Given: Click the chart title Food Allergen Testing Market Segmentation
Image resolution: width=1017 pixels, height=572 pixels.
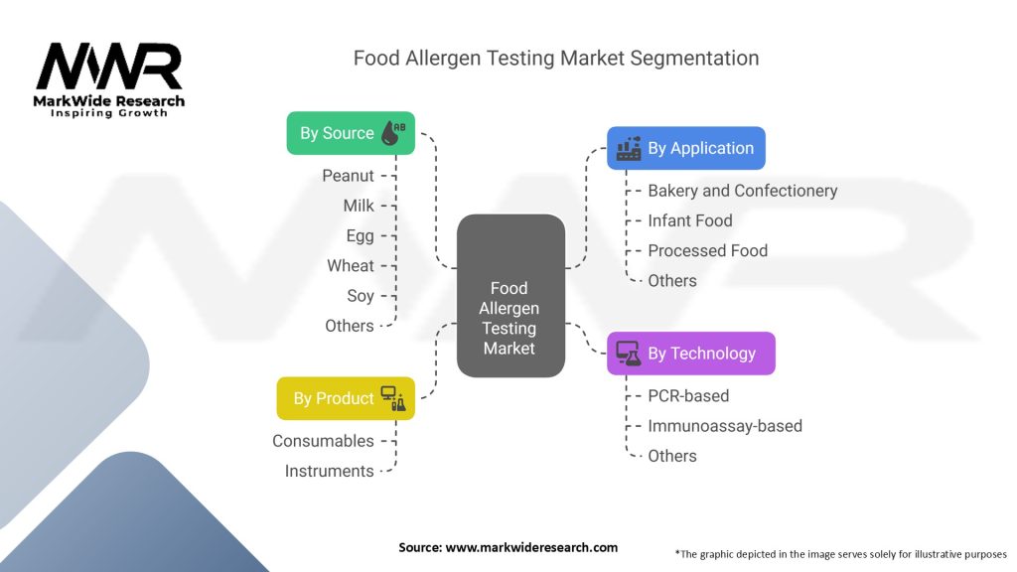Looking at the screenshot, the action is [556, 58].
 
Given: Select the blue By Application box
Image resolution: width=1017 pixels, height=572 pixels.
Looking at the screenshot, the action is [686, 148].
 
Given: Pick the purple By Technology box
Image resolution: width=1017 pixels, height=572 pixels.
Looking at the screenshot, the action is [690, 353].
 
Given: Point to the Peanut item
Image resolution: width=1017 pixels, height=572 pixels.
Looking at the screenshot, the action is [348, 176].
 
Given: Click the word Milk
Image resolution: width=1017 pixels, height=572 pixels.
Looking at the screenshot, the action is [359, 206].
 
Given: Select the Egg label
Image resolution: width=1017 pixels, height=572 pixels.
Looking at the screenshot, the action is [361, 235].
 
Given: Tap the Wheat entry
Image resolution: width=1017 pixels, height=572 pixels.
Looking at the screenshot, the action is [351, 265].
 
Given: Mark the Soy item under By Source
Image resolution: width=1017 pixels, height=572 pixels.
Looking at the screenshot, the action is [361, 295].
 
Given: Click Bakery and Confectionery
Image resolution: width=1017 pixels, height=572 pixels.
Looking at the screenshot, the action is [742, 190].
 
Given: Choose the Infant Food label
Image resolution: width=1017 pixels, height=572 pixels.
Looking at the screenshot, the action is [689, 220].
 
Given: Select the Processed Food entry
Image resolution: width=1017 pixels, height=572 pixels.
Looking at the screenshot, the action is [707, 250].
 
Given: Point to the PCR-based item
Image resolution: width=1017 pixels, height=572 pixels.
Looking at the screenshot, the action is [687, 395].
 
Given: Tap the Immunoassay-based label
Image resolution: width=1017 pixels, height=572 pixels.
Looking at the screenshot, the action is [724, 425].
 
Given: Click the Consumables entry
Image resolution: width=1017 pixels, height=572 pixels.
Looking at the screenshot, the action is [323, 440].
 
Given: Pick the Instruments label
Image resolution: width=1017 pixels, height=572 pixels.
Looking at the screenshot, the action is [329, 471].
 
